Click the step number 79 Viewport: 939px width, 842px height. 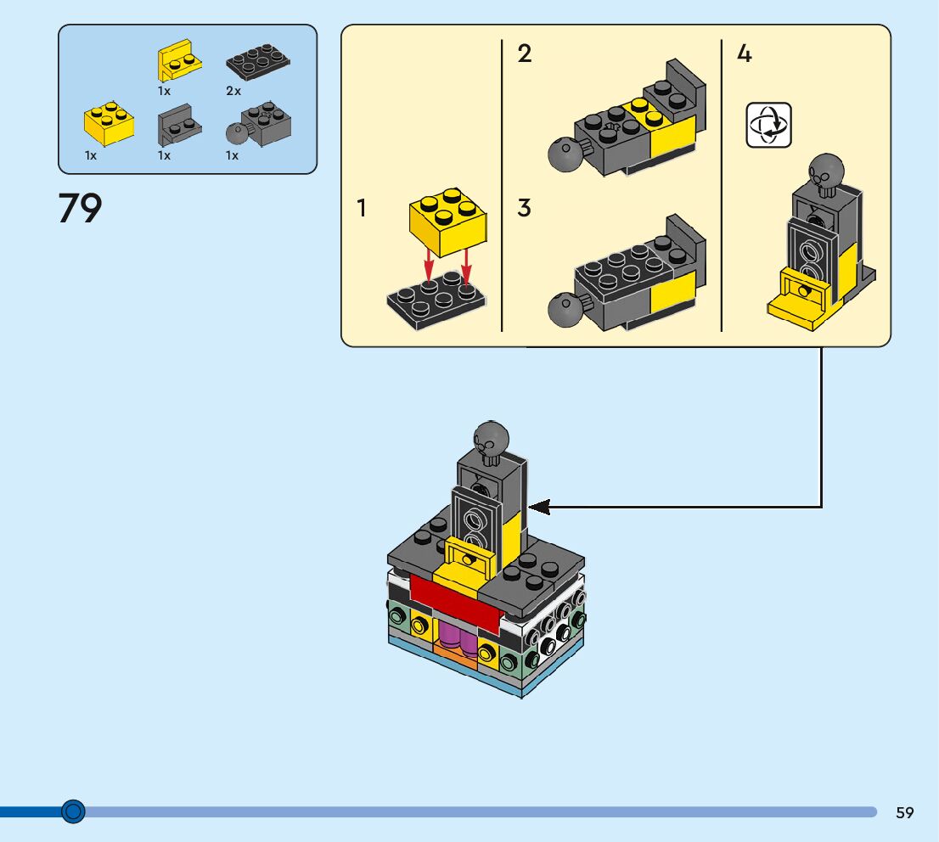pos(80,208)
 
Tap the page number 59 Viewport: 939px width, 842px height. pos(904,812)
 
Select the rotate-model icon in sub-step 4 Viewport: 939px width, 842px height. pos(768,125)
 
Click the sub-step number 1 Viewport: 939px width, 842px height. pos(362,207)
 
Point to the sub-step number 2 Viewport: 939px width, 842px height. pos(525,54)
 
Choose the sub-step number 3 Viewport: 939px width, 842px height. pos(525,207)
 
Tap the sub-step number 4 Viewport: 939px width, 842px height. pos(744,54)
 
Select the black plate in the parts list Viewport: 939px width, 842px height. pos(258,65)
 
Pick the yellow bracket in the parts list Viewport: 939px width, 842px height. pos(180,61)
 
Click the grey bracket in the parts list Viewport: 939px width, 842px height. pos(178,126)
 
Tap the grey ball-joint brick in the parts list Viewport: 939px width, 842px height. pos(260,127)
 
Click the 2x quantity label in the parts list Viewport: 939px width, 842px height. pos(233,91)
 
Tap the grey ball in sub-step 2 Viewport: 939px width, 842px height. pos(562,154)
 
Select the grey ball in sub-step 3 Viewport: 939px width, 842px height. pos(562,310)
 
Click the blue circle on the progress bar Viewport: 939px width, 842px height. pos(74,812)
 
